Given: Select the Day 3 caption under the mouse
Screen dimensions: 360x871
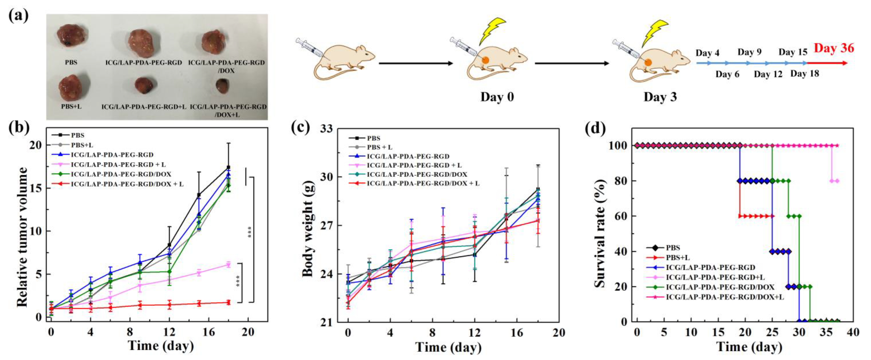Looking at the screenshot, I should (660, 97).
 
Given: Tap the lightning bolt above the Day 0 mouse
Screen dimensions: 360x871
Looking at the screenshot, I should (492, 31).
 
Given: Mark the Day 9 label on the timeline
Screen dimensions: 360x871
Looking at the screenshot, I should (749, 52).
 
